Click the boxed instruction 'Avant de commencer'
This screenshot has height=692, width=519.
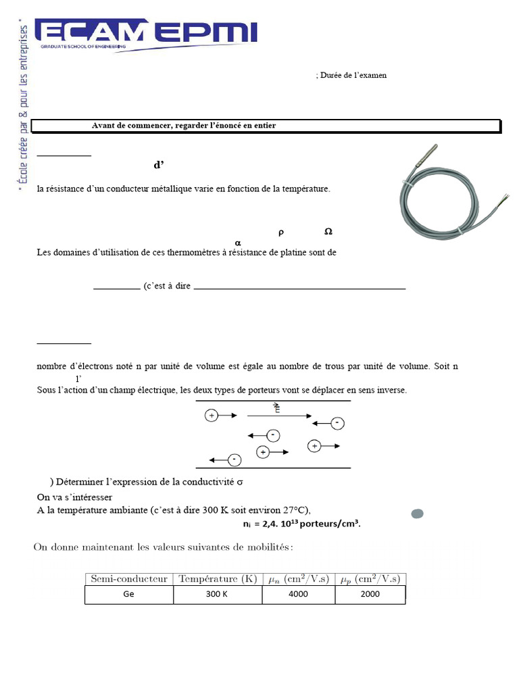coord(184,126)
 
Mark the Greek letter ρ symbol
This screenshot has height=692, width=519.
coord(281,232)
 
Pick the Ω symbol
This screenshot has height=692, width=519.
coord(328,231)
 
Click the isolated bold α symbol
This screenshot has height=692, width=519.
coord(237,243)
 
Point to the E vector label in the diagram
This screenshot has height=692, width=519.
coord(276,407)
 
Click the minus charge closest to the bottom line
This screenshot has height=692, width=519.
coord(234,460)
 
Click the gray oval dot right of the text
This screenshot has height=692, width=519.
coord(417,514)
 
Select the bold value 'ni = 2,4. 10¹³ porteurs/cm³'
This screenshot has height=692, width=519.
coord(301,524)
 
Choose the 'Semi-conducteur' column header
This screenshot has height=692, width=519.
coord(129,578)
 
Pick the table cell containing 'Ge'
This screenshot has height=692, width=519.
coord(129,595)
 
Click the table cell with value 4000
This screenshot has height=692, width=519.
coord(298,595)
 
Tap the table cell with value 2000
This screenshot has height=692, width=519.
coord(370,595)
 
